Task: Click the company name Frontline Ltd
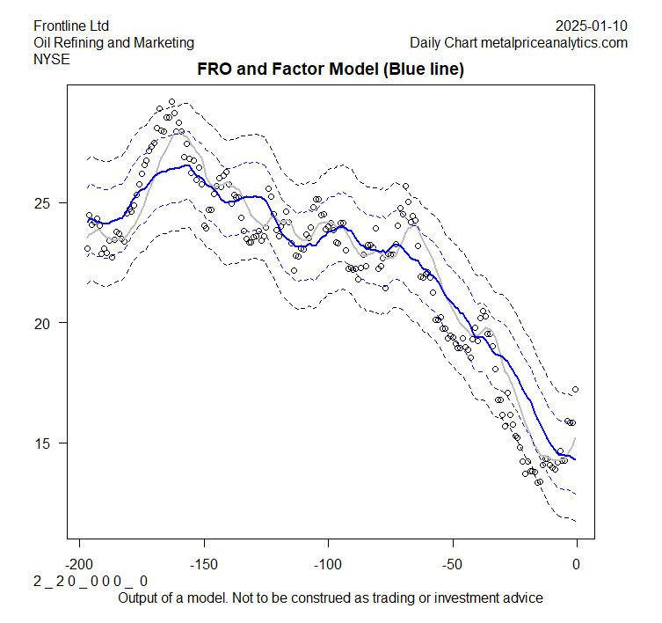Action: click(x=71, y=26)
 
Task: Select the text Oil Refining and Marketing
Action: click(x=113, y=42)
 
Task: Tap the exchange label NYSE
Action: click(x=51, y=59)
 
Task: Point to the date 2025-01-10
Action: click(x=592, y=26)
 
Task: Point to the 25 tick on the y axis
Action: click(x=44, y=203)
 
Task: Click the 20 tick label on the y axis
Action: click(x=44, y=323)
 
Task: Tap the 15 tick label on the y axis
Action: click(x=44, y=443)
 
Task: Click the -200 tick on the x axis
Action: click(x=80, y=564)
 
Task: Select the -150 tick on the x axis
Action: click(x=204, y=564)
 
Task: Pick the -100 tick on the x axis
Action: click(x=328, y=564)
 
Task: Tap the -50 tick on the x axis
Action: click(x=453, y=564)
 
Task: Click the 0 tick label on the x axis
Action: click(x=577, y=564)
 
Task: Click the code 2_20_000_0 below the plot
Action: click(x=91, y=582)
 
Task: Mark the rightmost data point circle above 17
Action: click(x=576, y=389)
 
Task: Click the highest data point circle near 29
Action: click(x=171, y=102)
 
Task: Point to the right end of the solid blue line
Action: click(x=576, y=459)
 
